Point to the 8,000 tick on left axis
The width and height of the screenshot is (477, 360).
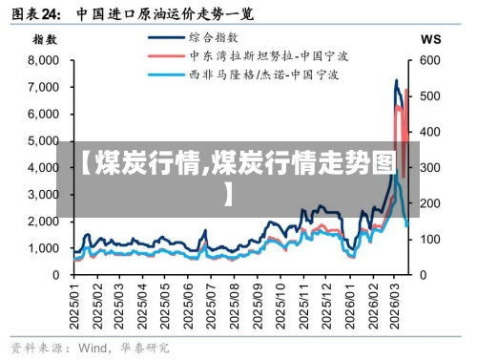[x=43, y=59]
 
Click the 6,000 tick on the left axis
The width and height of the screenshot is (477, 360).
[x=43, y=113]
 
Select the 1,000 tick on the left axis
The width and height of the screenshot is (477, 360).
[x=43, y=247]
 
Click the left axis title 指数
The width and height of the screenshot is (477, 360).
[x=45, y=39]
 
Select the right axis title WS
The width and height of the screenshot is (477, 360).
[x=430, y=39]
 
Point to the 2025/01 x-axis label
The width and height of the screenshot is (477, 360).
[x=75, y=304]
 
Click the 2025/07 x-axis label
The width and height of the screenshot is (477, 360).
[x=211, y=304]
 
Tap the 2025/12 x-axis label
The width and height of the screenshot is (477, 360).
[x=326, y=304]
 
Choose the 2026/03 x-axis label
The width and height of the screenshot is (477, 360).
[x=394, y=304]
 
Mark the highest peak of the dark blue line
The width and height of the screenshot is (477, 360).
[x=397, y=80]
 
